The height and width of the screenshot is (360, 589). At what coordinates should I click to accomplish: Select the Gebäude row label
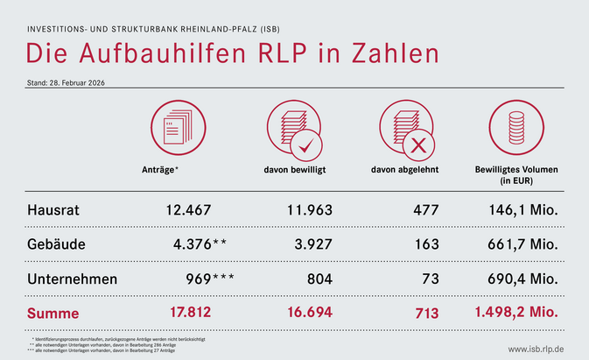(56, 244)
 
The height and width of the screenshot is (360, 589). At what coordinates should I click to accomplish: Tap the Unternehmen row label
(76, 279)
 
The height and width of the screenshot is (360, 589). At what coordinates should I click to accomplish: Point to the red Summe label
(53, 313)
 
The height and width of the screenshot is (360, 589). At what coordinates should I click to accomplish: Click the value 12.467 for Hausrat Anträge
(188, 210)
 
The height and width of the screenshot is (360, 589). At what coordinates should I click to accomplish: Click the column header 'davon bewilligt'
(295, 168)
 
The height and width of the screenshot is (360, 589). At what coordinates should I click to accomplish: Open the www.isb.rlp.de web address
(542, 349)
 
